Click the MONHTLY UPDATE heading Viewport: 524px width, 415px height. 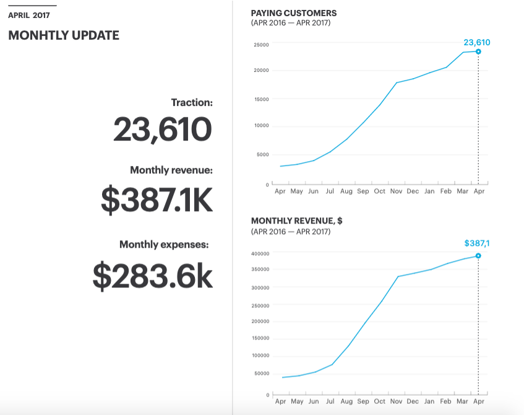point(64,35)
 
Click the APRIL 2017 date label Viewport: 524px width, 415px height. point(29,15)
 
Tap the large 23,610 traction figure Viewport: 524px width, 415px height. point(163,129)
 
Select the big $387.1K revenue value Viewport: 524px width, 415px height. point(157,199)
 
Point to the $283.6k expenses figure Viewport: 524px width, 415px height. point(152,276)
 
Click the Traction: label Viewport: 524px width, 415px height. point(192,102)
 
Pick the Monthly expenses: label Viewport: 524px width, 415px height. point(164,245)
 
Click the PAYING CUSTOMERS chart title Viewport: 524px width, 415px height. point(294,13)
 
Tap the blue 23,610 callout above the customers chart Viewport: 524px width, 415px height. point(476,43)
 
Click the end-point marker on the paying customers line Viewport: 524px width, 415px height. point(478,51)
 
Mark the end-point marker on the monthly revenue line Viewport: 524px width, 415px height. point(478,256)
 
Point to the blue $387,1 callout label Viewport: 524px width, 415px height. point(476,243)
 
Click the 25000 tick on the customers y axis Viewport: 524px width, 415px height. point(260,45)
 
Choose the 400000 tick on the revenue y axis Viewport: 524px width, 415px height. point(259,253)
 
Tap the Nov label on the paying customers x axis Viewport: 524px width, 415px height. point(397,191)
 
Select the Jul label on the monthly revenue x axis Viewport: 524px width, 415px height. point(330,401)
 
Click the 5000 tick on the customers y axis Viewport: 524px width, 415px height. point(262,154)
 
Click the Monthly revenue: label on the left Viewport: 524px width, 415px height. point(171,170)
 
